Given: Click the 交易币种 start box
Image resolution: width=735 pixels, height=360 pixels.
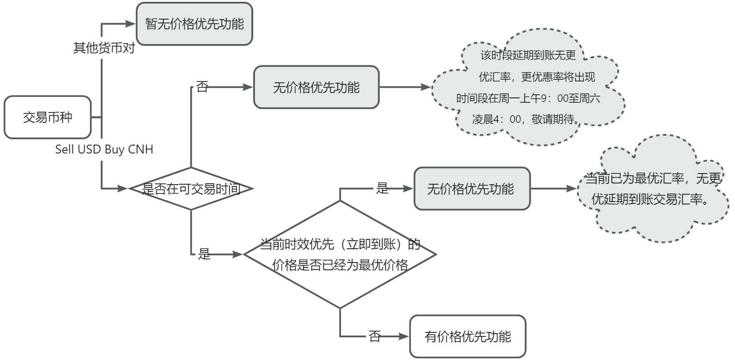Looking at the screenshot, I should coord(48,117).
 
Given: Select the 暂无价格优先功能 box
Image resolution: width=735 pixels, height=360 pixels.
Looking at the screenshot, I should coord(194,24).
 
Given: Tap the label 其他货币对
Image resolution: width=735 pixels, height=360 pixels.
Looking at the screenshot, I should coord(104,48).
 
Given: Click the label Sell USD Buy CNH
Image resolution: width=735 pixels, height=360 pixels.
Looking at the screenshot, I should coord(104,150).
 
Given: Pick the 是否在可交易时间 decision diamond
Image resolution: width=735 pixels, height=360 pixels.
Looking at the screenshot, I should coord(191,189).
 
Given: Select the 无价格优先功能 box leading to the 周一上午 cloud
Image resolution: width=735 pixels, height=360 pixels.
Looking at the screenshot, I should coord(316,87).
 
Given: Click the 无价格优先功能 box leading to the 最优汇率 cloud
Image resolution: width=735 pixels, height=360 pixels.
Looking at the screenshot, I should coord(472,189).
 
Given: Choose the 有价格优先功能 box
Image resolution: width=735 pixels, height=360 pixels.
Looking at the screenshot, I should coord(468,336).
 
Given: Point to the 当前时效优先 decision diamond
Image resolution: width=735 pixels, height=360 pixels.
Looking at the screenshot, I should coord(340,255).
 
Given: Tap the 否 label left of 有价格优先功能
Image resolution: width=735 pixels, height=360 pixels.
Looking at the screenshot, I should coord(375,336).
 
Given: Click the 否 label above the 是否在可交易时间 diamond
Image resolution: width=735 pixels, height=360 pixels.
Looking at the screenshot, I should coord(202,87).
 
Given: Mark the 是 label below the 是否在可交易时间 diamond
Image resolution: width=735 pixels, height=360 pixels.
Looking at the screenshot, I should coord(204,254).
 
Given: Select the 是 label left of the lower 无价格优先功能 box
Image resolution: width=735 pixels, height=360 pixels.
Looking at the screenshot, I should coord(382,188).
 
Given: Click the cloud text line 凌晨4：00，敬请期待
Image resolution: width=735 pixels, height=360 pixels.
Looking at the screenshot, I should coord(527,119).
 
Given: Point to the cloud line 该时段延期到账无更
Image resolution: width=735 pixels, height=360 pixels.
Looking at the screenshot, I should coord(528,55).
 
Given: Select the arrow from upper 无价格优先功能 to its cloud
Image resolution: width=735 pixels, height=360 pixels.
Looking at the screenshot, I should coord(405,87).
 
